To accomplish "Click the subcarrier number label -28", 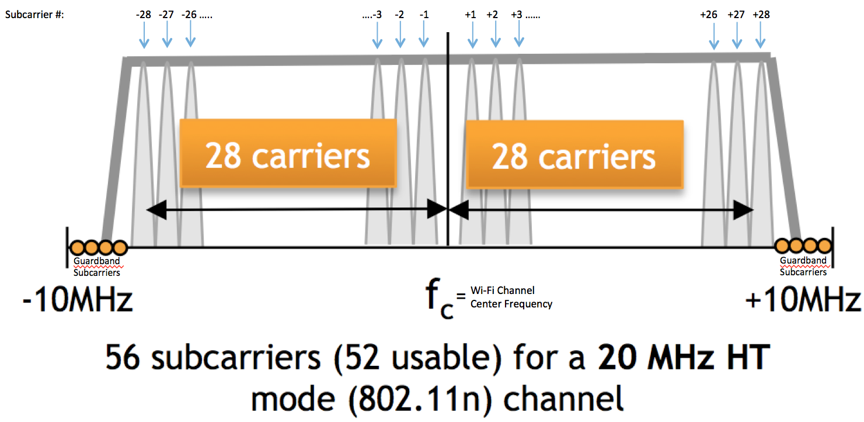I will (144, 15).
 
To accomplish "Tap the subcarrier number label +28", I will (761, 15).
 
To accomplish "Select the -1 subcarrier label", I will (424, 15).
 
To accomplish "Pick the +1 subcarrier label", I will (471, 15).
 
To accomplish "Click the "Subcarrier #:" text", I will (34, 15).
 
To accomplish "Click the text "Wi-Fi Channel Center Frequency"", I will (511, 297).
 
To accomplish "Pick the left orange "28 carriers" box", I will (288, 154).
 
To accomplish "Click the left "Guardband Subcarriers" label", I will (97, 267).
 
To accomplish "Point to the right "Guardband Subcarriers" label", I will (803, 267).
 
